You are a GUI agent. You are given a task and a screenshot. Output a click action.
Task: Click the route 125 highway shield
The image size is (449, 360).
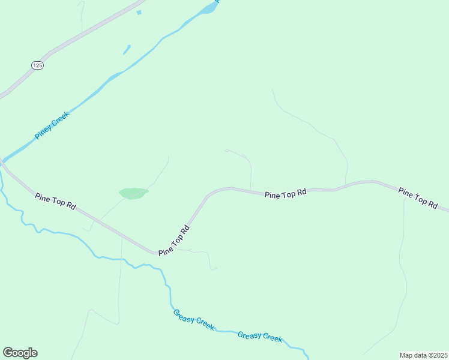pyautogui.click(x=37, y=65)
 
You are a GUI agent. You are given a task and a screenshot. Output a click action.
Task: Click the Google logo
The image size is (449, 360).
pyautogui.click(x=20, y=353)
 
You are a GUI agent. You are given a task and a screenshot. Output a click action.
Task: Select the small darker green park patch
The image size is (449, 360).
pyautogui.click(x=133, y=193)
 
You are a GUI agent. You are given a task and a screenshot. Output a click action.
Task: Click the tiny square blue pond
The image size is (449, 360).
pyautogui.click(x=139, y=12)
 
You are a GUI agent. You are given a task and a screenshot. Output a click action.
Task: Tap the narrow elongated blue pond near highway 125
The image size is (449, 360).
pyautogui.click(x=127, y=49)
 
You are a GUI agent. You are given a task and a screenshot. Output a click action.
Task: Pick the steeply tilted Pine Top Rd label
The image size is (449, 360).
pyautogui.click(x=174, y=241)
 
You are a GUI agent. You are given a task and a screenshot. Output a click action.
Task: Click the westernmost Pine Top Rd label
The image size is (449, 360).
pyautogui.click(x=55, y=201)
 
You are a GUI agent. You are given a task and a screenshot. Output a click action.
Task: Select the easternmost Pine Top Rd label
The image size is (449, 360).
pyautogui.click(x=418, y=197)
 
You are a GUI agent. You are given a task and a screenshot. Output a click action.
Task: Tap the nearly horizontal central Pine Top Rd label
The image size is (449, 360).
pyautogui.click(x=286, y=193)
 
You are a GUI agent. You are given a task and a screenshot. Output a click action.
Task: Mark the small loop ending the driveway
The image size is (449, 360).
pyautogui.click(x=227, y=151)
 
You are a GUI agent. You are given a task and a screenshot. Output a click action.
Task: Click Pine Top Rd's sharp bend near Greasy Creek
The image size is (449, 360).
pyautogui.click(x=157, y=253)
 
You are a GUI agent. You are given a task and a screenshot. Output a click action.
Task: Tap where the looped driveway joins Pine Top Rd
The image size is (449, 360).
pyautogui.click(x=250, y=191)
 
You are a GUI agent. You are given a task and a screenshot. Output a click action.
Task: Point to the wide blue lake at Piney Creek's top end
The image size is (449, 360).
pyautogui.click(x=209, y=8)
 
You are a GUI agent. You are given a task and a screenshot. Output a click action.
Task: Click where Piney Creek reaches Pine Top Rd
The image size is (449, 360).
pyautogui.click(x=3, y=162)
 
